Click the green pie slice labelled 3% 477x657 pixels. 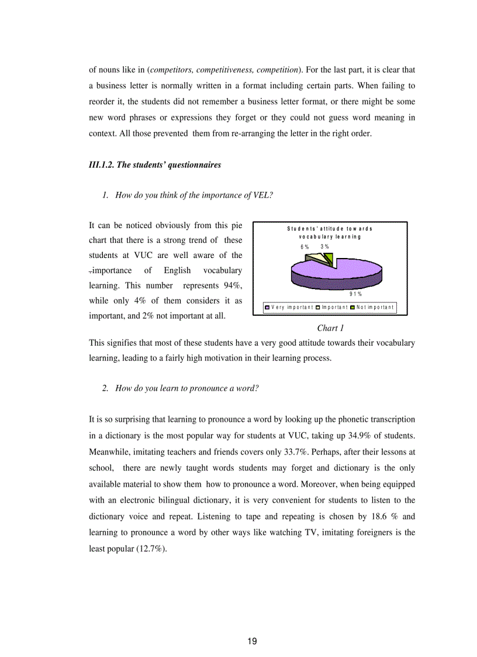click(x=329, y=259)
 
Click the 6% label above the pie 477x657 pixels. click(x=305, y=247)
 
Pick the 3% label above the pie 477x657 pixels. click(x=324, y=247)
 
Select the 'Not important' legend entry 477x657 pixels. click(x=375, y=307)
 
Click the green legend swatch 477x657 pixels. click(x=354, y=307)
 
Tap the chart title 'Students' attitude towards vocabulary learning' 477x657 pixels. click(x=330, y=232)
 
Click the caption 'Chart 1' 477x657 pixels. click(x=330, y=328)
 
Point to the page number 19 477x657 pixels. click(x=252, y=641)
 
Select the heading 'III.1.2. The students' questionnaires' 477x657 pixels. click(x=155, y=165)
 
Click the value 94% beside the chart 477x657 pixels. click(x=233, y=285)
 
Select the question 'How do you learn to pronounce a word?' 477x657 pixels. click(x=186, y=388)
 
